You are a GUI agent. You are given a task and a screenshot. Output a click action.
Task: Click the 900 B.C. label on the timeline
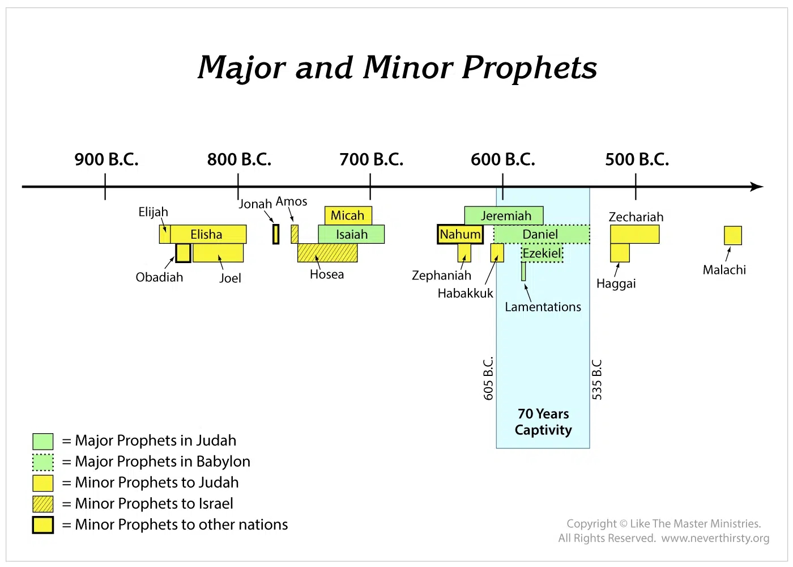click(x=106, y=159)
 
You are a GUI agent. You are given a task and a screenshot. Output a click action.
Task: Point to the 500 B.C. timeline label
click(x=637, y=159)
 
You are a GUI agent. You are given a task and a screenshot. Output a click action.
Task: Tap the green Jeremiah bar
click(x=504, y=215)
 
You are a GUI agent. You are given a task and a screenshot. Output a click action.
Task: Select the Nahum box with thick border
click(x=460, y=234)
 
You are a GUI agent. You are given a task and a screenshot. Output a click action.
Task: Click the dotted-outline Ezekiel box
click(x=543, y=253)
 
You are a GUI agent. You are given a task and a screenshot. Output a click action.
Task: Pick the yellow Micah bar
click(x=348, y=215)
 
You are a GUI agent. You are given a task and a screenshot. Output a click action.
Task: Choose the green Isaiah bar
click(x=351, y=234)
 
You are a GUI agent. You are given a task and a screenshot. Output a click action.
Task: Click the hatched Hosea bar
click(x=327, y=253)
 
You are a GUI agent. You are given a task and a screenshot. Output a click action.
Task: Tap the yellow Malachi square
click(x=733, y=235)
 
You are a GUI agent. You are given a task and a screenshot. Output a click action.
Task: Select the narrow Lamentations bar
click(x=523, y=272)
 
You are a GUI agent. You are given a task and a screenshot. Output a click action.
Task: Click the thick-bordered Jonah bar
click(x=276, y=234)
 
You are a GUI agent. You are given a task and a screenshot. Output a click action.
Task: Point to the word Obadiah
click(x=159, y=277)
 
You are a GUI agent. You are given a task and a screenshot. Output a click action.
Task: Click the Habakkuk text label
click(x=465, y=294)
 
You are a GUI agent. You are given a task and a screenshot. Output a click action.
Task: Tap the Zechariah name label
click(x=636, y=217)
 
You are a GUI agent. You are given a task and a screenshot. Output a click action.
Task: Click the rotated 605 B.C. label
click(x=488, y=379)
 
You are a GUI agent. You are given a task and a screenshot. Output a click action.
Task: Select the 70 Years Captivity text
click(x=543, y=422)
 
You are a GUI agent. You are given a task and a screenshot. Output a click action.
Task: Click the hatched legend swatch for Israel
click(x=43, y=504)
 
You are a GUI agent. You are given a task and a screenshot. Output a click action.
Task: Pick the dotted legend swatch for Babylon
click(x=43, y=462)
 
